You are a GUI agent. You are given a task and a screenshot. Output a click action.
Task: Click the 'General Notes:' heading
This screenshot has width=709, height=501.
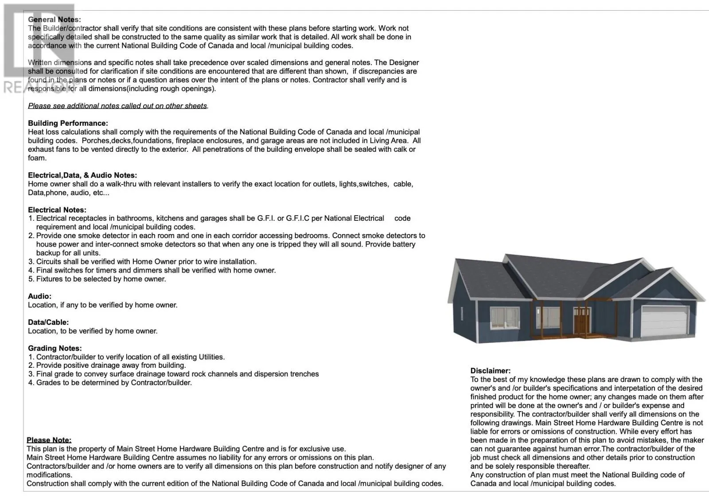click(x=54, y=19)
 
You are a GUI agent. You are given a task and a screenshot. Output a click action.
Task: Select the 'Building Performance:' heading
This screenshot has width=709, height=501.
click(x=68, y=123)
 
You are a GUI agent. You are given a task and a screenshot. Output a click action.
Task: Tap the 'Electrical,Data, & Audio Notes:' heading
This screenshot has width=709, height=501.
click(x=82, y=175)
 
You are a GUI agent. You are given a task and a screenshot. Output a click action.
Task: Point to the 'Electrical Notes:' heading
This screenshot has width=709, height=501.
click(x=57, y=210)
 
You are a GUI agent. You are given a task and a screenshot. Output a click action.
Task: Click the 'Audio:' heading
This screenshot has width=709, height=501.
click(x=39, y=296)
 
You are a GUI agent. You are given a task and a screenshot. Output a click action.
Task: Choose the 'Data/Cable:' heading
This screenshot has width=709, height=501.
click(x=48, y=322)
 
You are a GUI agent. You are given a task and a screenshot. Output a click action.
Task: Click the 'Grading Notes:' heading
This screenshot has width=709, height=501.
click(x=55, y=348)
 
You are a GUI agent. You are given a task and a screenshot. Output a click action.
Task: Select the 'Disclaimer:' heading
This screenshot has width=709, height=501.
click(x=491, y=371)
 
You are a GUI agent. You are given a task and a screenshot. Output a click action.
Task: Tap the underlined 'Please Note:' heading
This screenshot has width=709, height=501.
click(x=49, y=440)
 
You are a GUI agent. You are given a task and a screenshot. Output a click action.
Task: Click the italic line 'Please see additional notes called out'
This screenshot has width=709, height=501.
click(x=118, y=106)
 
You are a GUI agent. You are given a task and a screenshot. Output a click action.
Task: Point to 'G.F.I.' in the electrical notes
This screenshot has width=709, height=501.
click(x=265, y=218)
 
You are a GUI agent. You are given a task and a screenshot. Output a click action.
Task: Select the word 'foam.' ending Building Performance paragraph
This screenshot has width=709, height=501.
click(x=37, y=158)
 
